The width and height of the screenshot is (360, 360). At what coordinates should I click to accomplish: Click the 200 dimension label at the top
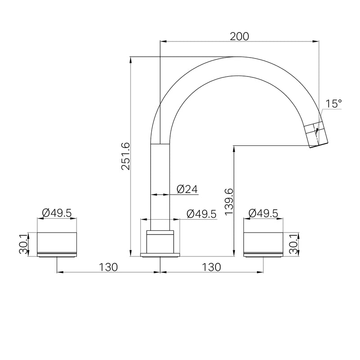(x=239, y=36)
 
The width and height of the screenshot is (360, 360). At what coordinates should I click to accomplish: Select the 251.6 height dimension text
(x=126, y=156)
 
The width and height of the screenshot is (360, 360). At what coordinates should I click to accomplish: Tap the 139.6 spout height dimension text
(x=229, y=202)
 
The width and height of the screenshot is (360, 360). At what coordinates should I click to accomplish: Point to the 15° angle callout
(x=334, y=103)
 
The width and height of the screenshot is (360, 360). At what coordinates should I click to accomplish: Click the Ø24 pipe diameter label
(x=187, y=189)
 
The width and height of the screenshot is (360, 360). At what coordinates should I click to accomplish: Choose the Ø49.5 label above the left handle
(x=57, y=213)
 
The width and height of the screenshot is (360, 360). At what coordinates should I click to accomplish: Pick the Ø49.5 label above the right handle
(x=263, y=213)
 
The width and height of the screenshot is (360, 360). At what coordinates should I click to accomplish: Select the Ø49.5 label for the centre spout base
(x=202, y=214)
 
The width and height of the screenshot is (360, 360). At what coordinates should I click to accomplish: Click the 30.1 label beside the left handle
(x=23, y=244)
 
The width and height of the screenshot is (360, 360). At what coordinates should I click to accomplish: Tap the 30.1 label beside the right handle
(x=293, y=244)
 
